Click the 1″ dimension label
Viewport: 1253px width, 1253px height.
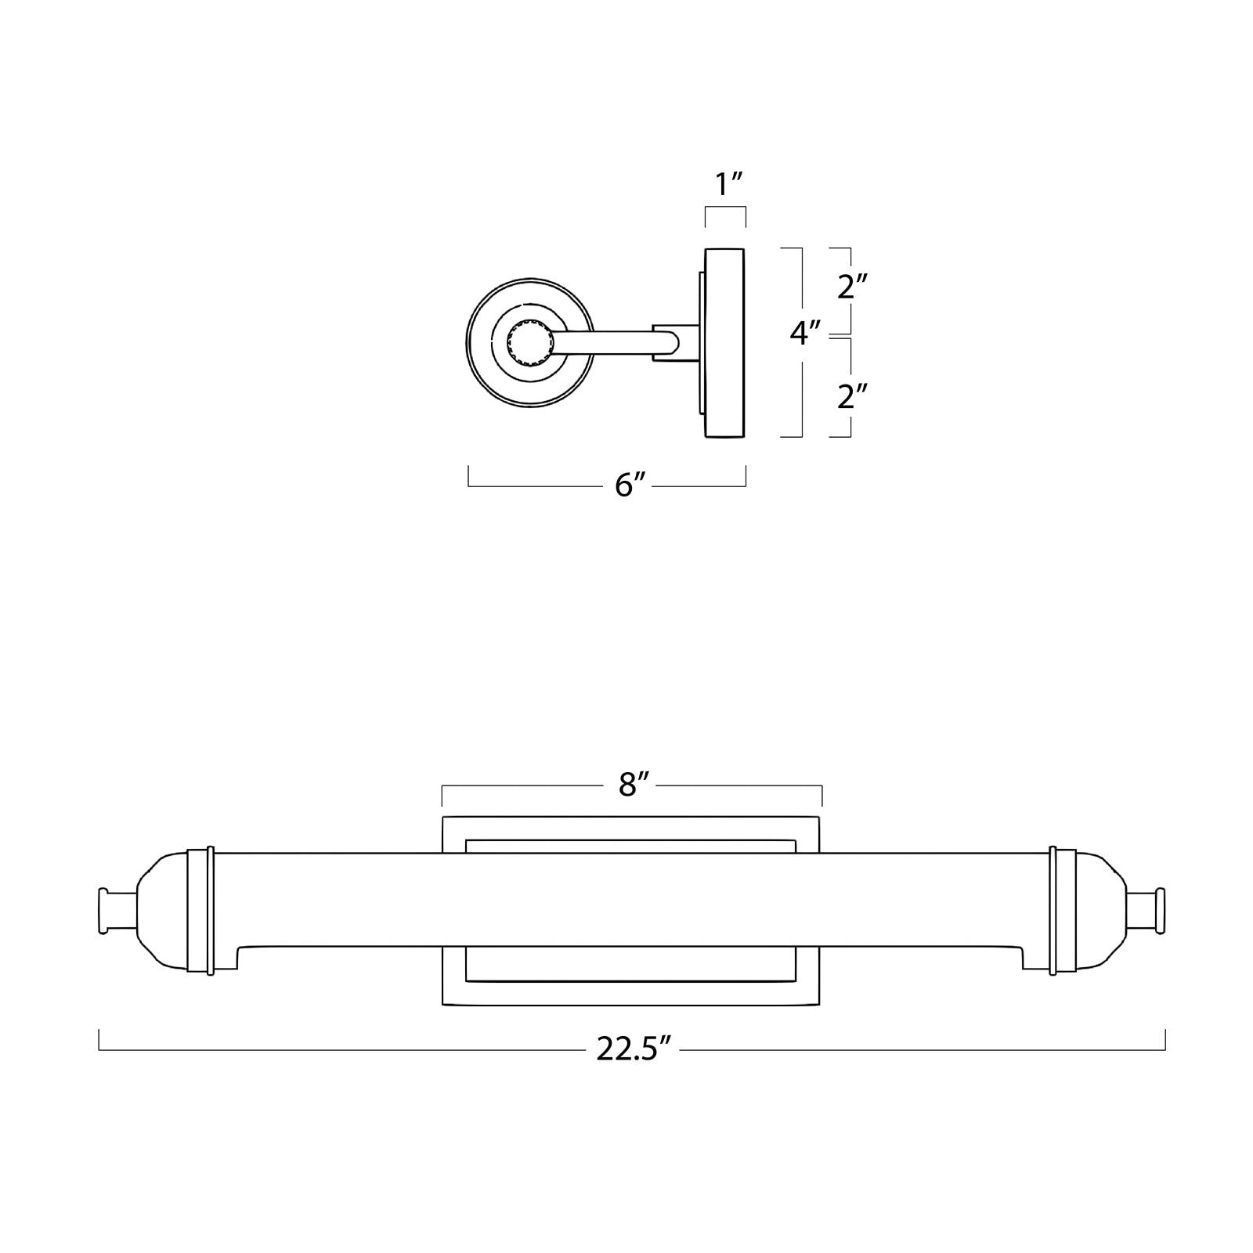tap(728, 186)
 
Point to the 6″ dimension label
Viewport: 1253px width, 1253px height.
tap(631, 486)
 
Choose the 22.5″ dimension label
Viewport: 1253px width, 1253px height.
tap(635, 1049)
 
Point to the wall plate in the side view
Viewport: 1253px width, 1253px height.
tap(725, 342)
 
